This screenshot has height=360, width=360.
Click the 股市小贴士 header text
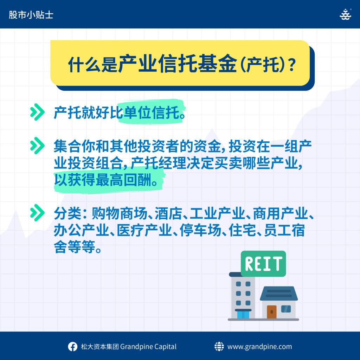point(31,15)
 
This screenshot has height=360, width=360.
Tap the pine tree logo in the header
point(345,14)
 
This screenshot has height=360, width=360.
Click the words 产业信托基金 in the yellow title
point(178,64)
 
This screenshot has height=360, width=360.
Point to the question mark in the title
point(292,65)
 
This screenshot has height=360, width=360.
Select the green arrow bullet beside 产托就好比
point(37,112)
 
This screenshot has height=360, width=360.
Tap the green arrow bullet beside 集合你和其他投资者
point(37,146)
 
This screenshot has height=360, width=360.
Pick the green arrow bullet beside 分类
point(37,213)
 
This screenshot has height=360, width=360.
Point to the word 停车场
point(200,230)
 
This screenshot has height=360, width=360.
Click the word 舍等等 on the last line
point(75,247)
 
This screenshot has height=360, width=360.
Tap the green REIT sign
point(263,264)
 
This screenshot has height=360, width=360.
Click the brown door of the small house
point(272,311)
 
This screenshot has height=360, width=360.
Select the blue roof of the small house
point(279,294)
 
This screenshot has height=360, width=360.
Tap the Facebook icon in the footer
point(72,347)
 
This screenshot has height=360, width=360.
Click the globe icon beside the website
point(219,346)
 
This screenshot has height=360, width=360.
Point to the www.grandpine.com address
point(259,347)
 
